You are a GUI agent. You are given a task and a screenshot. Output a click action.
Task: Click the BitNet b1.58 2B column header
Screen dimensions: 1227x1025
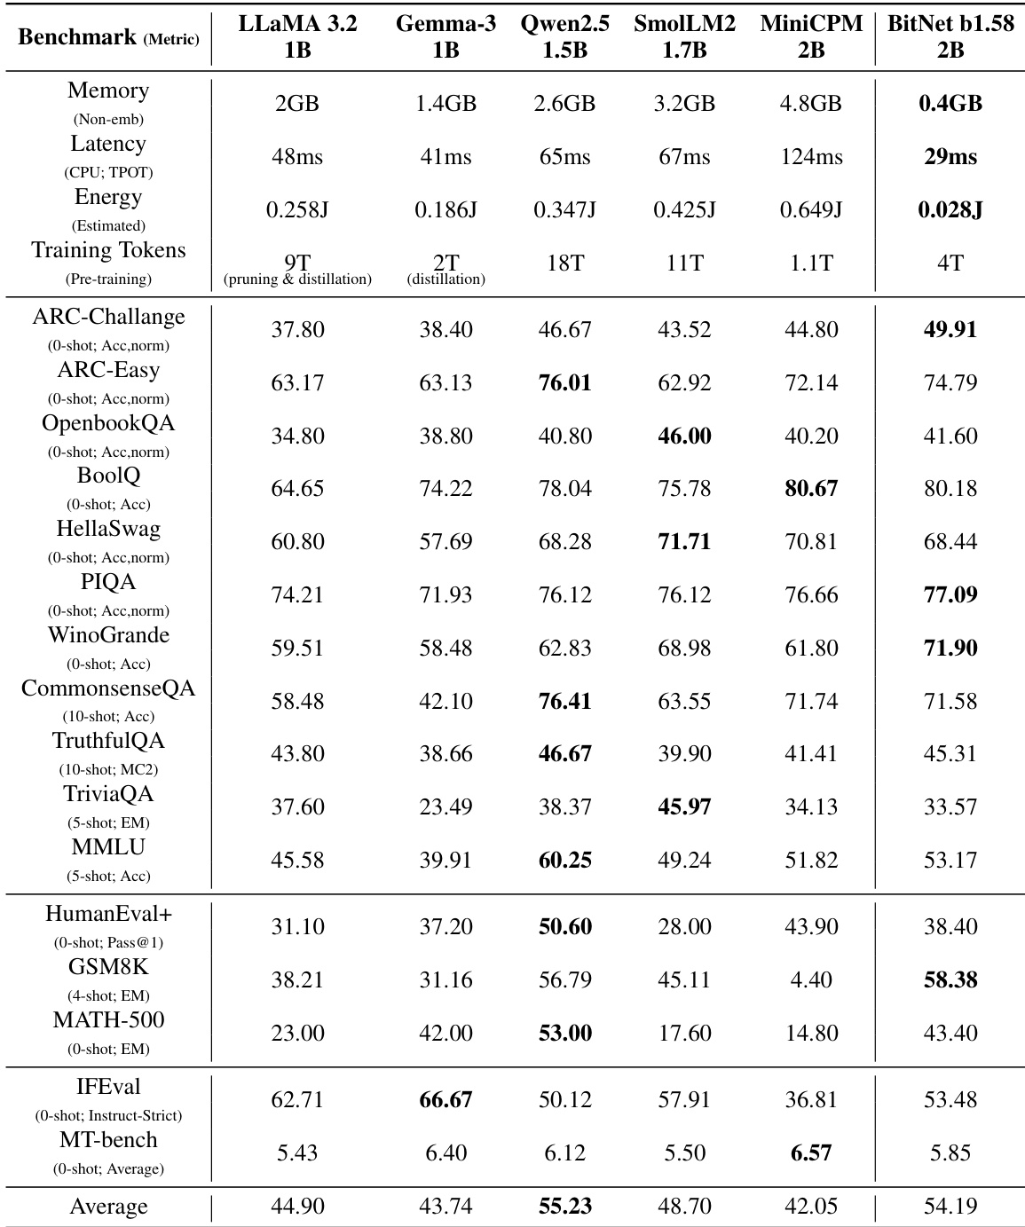(950, 37)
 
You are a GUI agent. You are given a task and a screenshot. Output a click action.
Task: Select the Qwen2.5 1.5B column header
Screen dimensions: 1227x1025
(565, 37)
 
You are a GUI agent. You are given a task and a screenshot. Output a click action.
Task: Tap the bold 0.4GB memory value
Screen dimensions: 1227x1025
(950, 104)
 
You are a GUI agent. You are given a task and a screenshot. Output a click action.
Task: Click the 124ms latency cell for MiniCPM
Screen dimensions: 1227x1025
(811, 157)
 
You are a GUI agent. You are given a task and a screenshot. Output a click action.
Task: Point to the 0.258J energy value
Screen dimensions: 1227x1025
(297, 210)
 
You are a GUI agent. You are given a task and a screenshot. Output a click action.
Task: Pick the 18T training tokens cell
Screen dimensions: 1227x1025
(565, 263)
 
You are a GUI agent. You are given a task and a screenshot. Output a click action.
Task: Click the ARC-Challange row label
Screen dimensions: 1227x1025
(108, 318)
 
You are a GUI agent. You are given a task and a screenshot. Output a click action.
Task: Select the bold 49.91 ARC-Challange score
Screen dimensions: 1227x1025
(950, 330)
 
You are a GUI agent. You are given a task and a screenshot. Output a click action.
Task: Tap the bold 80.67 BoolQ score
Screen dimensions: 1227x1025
(811, 489)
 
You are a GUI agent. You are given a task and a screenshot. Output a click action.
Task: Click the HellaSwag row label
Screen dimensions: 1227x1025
(108, 530)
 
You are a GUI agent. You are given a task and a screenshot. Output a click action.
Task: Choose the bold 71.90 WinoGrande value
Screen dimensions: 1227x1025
(950, 649)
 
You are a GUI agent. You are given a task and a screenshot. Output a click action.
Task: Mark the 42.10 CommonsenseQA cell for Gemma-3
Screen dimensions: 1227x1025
(445, 702)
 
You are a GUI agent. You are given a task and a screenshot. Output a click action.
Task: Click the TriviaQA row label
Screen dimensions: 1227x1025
(108, 794)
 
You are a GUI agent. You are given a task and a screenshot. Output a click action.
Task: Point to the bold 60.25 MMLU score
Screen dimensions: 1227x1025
(565, 861)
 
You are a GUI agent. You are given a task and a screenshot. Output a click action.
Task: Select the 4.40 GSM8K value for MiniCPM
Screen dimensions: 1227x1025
(811, 980)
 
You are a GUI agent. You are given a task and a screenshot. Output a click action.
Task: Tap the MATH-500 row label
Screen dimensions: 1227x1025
(108, 1020)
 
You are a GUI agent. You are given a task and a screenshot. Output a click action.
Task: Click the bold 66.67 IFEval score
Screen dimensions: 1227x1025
(445, 1100)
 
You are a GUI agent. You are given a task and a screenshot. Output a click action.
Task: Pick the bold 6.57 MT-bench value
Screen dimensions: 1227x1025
(811, 1153)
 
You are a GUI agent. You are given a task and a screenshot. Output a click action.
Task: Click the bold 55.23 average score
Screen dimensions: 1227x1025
(565, 1207)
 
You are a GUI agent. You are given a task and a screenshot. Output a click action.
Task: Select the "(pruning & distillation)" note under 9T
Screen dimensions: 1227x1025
(297, 279)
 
